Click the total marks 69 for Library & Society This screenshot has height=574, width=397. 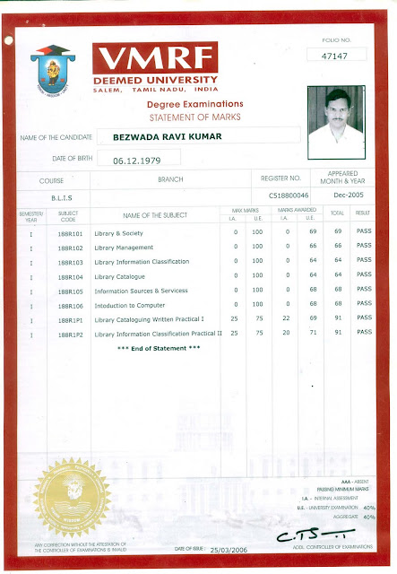(339, 233)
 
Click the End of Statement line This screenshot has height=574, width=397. (159, 347)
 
